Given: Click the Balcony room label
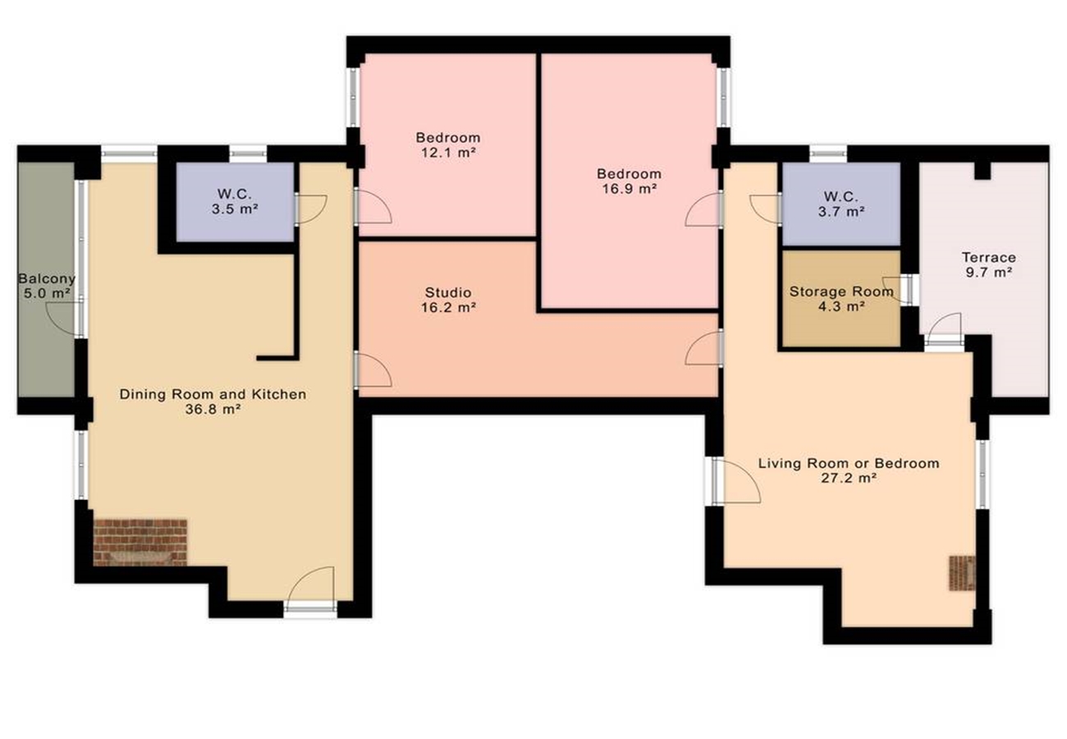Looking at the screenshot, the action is coord(47,278).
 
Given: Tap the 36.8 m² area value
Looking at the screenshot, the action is coord(213,409).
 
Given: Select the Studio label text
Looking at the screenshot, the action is coord(448,292).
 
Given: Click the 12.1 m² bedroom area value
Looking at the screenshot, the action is coord(448,153).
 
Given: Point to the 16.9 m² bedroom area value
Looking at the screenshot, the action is coord(630,189).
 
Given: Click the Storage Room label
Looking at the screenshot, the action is coord(841,291).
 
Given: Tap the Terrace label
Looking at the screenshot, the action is coord(989,257).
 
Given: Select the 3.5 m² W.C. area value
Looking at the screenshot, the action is coord(235,209).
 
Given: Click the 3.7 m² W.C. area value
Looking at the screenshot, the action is coord(841,211).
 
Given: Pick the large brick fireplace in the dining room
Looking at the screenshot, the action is coord(140,542).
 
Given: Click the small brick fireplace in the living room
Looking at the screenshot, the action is coord(962,573).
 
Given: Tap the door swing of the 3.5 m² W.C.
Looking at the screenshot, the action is coord(311,209).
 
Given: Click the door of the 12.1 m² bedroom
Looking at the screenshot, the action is coord(373,206).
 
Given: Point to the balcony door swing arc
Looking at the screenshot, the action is coord(64,318).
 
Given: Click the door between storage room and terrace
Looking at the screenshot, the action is coord(899,289).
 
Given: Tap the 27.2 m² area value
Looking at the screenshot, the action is coord(849,478).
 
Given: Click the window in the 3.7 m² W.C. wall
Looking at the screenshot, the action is coord(828,154).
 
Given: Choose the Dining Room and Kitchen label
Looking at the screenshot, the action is coord(213,394).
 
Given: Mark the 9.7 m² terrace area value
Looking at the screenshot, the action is coord(989,273).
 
